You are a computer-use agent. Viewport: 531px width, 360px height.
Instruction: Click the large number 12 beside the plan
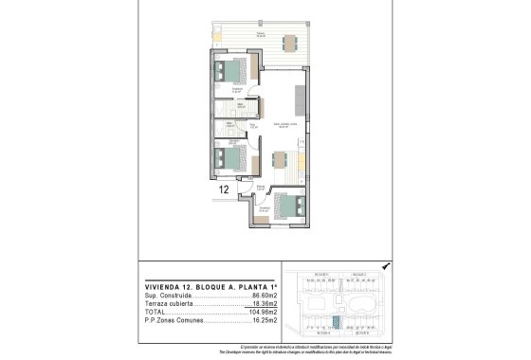point(225,189)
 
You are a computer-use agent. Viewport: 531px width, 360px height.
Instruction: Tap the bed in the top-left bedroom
point(230,72)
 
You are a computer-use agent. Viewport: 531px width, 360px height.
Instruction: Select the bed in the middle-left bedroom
point(229,158)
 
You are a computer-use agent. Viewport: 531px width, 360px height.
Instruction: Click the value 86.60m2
point(261,296)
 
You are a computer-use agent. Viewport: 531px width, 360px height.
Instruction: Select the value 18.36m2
point(261,304)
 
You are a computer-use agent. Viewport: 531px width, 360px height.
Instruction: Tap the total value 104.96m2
point(259,312)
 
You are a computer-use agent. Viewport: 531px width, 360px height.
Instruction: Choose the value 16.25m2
point(261,320)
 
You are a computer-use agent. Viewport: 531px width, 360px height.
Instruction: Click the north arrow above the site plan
point(384,267)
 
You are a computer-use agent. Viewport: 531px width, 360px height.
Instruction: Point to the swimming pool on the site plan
point(361,305)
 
